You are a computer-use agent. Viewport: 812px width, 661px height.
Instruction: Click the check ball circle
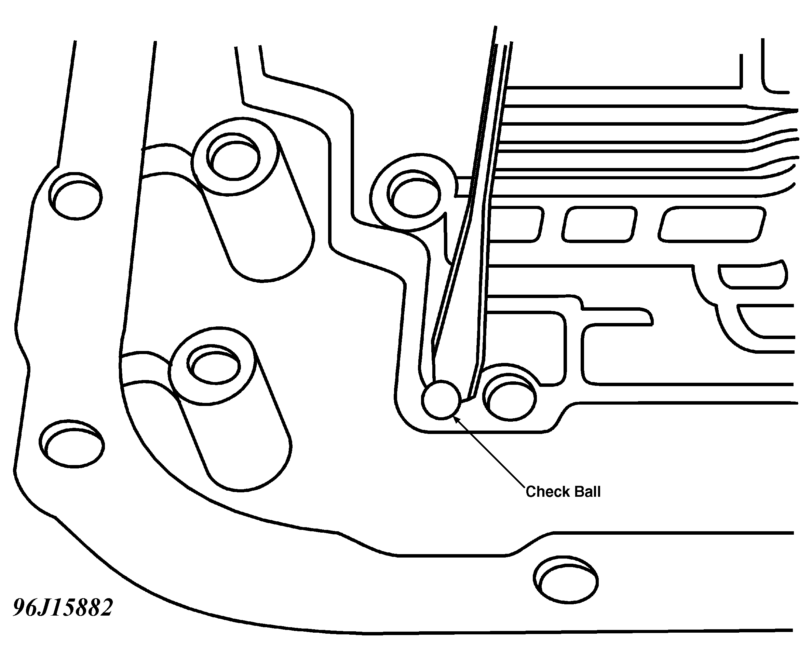[x=441, y=400]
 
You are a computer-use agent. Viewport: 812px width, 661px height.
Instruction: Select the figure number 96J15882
[x=63, y=607]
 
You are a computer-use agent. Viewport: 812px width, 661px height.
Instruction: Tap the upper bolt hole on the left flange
[x=76, y=196]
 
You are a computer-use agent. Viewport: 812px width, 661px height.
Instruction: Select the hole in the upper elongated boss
[x=233, y=156]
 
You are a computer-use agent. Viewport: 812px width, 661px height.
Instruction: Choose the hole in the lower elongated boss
[x=215, y=366]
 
